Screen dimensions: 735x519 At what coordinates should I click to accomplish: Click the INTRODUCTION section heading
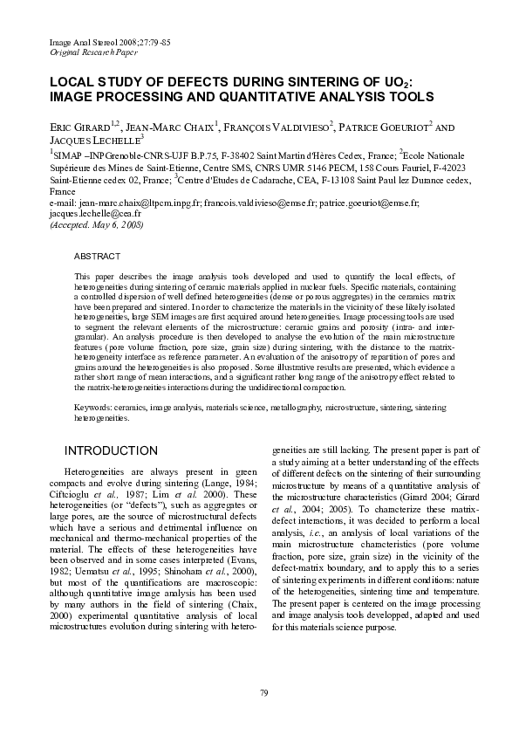tap(112, 450)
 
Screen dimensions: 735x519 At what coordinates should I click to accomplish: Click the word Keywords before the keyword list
tap(92, 408)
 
